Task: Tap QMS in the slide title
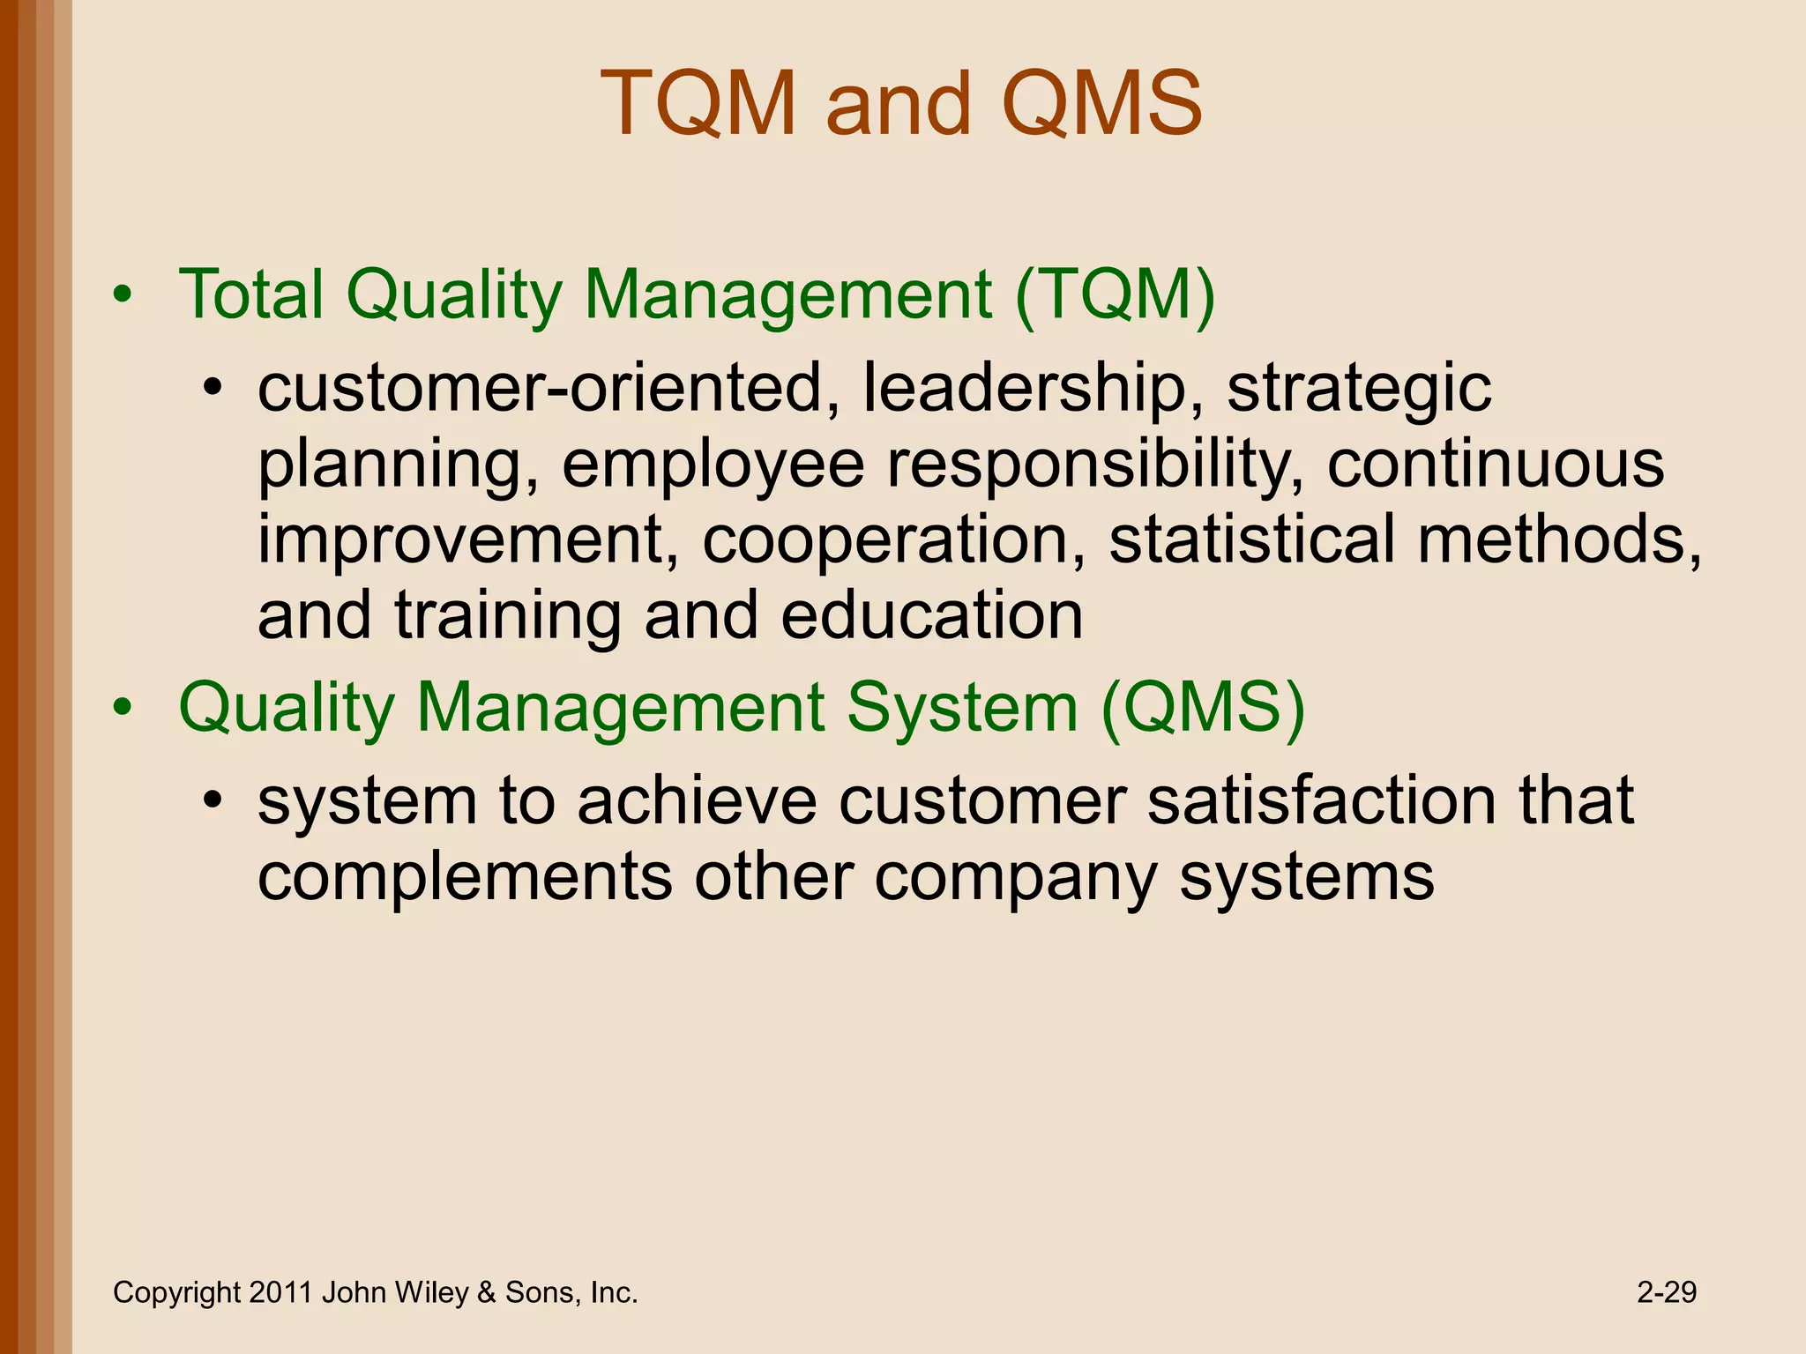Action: click(x=1101, y=104)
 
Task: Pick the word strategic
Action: click(x=1359, y=388)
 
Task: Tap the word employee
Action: click(x=713, y=465)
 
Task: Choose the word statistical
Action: click(x=1252, y=539)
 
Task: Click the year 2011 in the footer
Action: click(x=280, y=1292)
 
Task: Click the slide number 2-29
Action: click(x=1667, y=1292)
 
